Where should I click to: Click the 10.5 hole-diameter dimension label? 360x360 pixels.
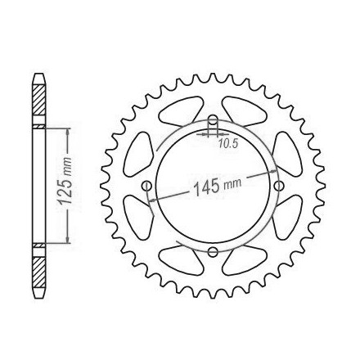tap(228, 143)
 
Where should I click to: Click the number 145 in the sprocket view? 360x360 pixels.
tap(206, 187)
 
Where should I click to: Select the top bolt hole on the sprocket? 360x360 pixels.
tap(213, 119)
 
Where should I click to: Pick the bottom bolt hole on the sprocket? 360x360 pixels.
tap(213, 251)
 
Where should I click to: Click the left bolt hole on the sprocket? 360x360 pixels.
tap(146, 186)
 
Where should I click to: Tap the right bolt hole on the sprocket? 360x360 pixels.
tap(279, 186)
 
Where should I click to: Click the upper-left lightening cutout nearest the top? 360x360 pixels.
tap(181, 110)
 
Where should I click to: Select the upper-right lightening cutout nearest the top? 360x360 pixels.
tap(244, 111)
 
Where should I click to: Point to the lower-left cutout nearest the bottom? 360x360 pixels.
tap(182, 260)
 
